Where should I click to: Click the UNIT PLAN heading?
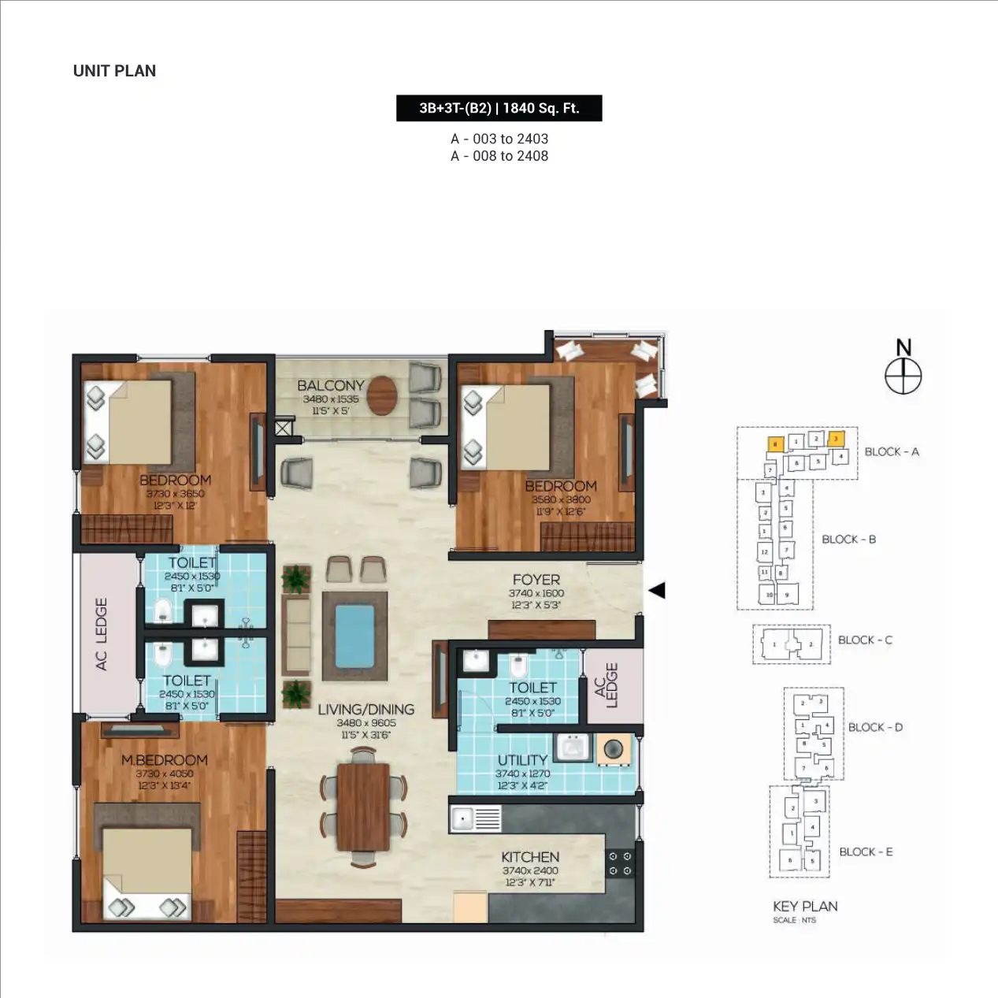click(x=114, y=71)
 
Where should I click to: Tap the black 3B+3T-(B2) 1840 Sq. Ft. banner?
click(x=499, y=108)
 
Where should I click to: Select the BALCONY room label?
click(x=330, y=385)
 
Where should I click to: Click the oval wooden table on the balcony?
click(x=382, y=395)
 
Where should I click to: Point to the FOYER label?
click(x=536, y=580)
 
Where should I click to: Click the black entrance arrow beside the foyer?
click(x=657, y=590)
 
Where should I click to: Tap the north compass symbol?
click(x=903, y=376)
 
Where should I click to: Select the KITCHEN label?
click(x=530, y=857)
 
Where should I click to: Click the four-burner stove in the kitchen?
click(x=619, y=863)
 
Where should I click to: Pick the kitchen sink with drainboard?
click(x=475, y=819)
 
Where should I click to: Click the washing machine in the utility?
click(x=614, y=748)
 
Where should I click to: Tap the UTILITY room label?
click(x=522, y=760)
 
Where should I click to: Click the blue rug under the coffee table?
click(x=354, y=636)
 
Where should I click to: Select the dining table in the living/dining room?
click(x=363, y=806)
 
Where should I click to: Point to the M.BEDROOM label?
click(x=164, y=760)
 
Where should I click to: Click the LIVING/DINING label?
click(x=365, y=710)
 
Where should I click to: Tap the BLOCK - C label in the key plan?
click(x=865, y=640)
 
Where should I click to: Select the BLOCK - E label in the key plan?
click(x=866, y=852)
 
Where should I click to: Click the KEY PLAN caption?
click(x=805, y=907)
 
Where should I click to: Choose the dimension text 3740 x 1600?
click(x=536, y=593)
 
